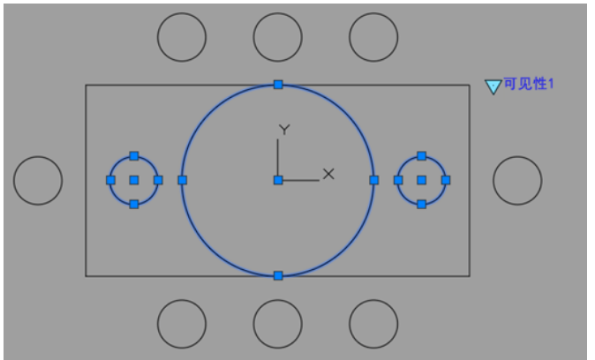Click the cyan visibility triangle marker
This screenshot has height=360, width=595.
pyautogui.click(x=493, y=86)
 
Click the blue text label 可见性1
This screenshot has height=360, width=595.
pyautogui.click(x=529, y=84)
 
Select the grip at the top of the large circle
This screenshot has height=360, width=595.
pyautogui.click(x=278, y=85)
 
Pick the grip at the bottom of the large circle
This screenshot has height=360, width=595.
pyautogui.click(x=278, y=276)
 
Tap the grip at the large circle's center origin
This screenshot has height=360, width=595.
pyautogui.click(x=278, y=180)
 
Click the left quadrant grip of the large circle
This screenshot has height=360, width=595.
pyautogui.click(x=183, y=180)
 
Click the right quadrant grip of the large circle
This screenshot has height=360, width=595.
pyautogui.click(x=374, y=180)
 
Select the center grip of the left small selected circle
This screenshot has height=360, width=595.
pyautogui.click(x=134, y=180)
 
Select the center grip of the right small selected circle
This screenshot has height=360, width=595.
pyautogui.click(x=422, y=180)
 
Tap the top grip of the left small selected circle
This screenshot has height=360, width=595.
pyautogui.click(x=134, y=156)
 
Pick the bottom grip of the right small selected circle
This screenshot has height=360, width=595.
pyautogui.click(x=422, y=205)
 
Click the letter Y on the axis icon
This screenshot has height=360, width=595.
pyautogui.click(x=284, y=130)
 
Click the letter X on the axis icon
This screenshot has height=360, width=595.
pyautogui.click(x=328, y=174)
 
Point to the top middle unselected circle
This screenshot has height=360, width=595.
pyautogui.click(x=278, y=13)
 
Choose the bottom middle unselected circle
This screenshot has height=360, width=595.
pyautogui.click(x=278, y=300)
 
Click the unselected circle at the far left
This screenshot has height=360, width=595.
pyautogui.click(x=13, y=181)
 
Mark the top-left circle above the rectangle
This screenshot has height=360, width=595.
pyautogui.click(x=182, y=13)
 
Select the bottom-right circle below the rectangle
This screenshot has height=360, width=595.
pyautogui.click(x=373, y=300)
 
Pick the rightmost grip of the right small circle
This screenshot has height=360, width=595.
pyautogui.click(x=446, y=180)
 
